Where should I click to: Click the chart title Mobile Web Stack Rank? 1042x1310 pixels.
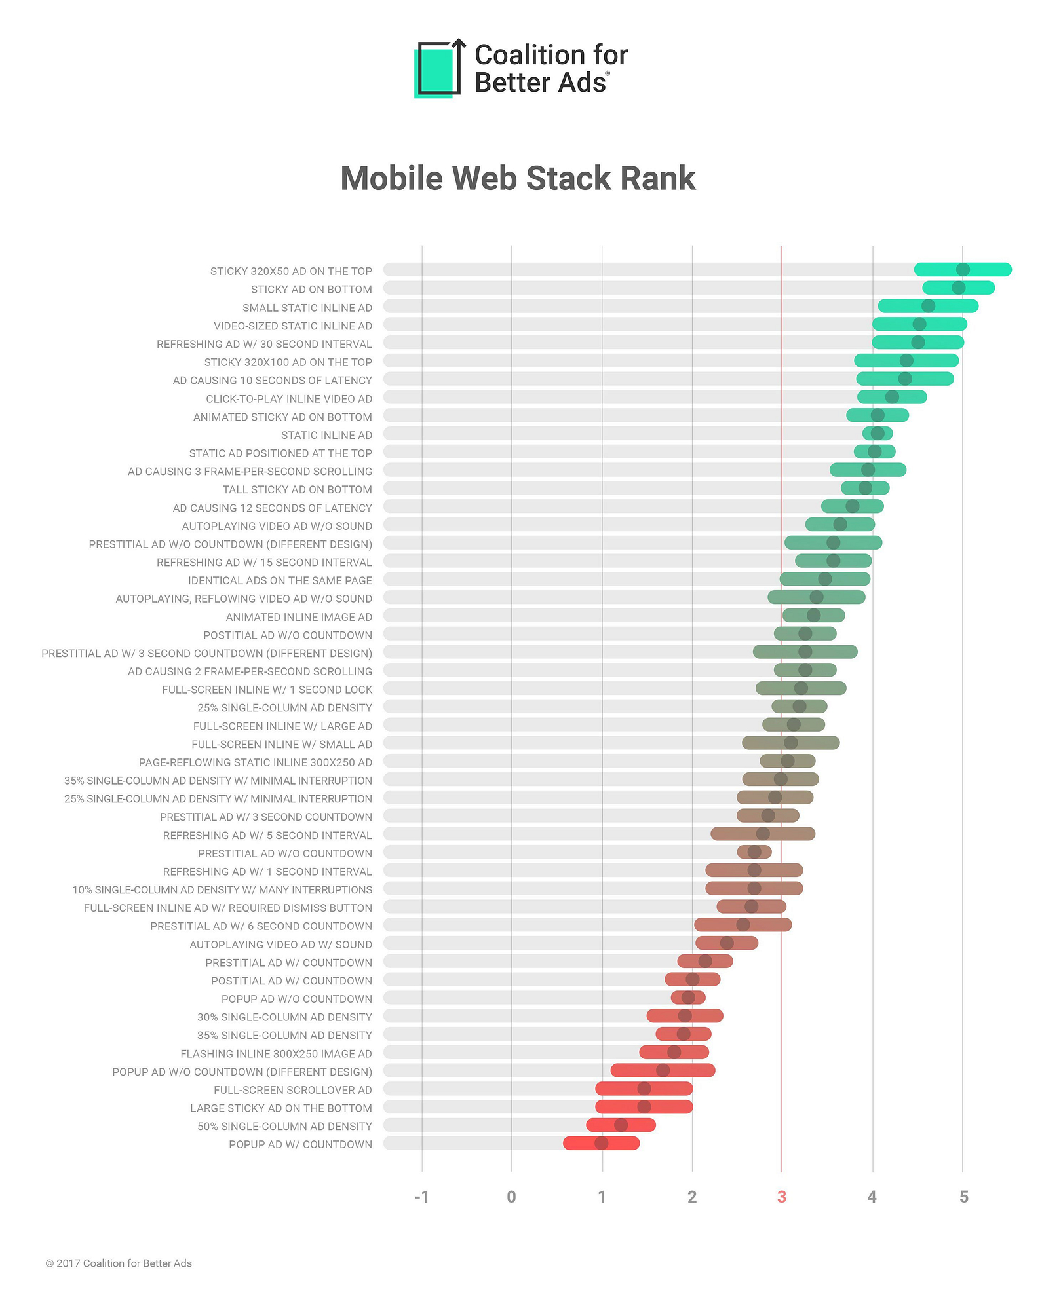pyautogui.click(x=518, y=178)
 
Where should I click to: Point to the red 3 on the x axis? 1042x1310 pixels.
pyautogui.click(x=781, y=1197)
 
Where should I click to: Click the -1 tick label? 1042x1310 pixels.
pyautogui.click(x=421, y=1197)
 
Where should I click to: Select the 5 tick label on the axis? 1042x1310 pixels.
pyautogui.click(x=963, y=1197)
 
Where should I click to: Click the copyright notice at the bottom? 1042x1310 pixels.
pyautogui.click(x=119, y=1263)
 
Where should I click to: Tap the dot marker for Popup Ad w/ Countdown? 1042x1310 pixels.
pyautogui.click(x=601, y=1143)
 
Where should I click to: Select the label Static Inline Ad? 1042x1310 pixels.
pyautogui.click(x=326, y=435)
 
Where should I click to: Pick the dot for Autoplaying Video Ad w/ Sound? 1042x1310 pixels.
pyautogui.click(x=727, y=943)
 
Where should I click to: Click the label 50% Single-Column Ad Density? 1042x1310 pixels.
pyautogui.click(x=284, y=1126)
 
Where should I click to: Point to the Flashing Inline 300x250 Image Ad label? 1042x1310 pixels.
pyautogui.click(x=276, y=1053)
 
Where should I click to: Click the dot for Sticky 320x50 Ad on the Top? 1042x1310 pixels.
pyautogui.click(x=963, y=269)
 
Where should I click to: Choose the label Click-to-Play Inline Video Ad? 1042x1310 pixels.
pyautogui.click(x=289, y=398)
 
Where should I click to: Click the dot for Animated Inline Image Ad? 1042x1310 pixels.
pyautogui.click(x=813, y=615)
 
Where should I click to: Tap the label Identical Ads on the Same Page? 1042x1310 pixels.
pyautogui.click(x=280, y=580)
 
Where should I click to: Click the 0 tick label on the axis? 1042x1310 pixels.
pyautogui.click(x=511, y=1197)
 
